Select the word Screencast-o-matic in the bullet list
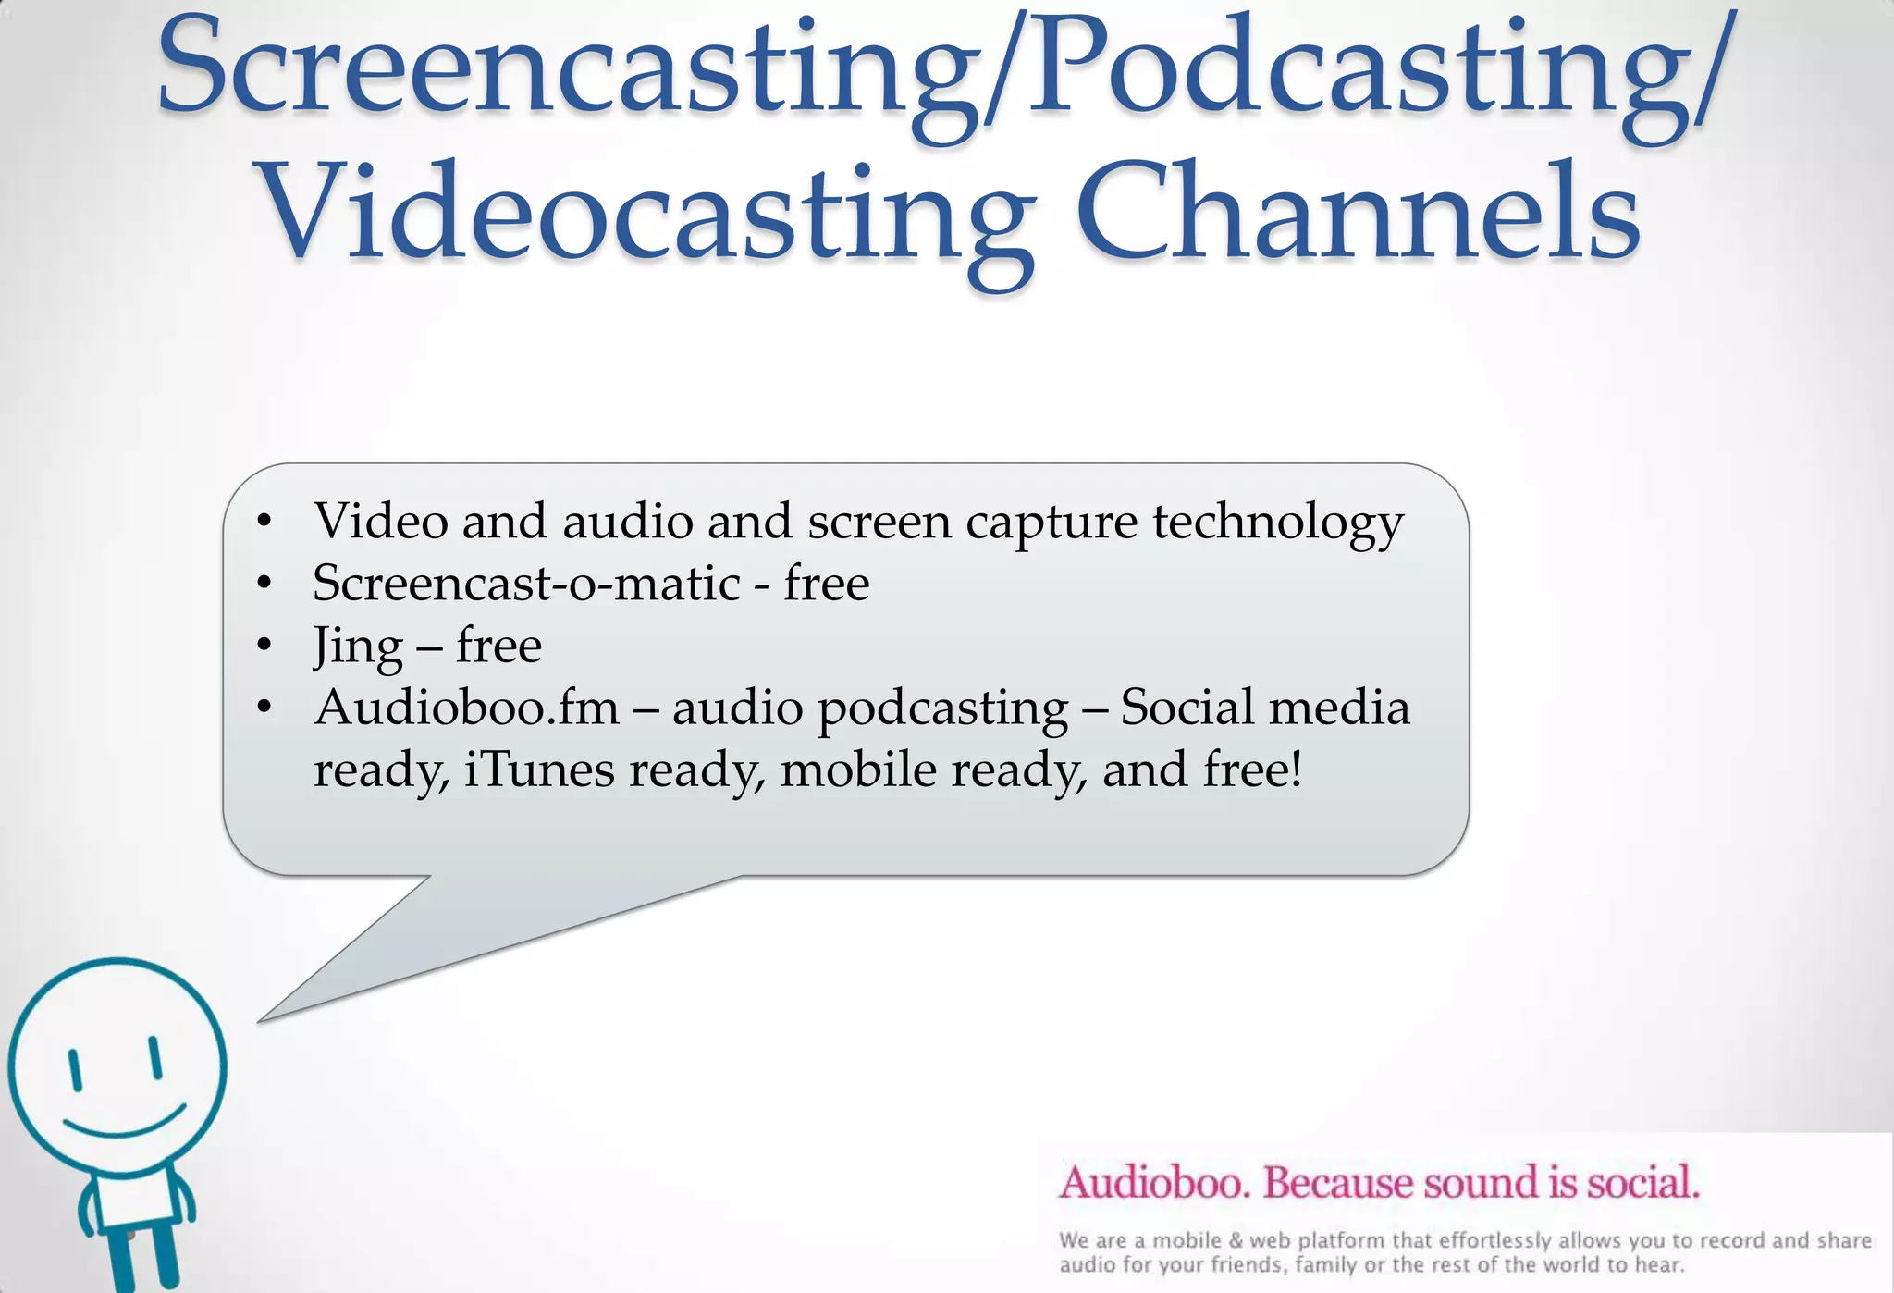(526, 584)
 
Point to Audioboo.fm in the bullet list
(467, 708)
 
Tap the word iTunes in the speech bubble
(538, 770)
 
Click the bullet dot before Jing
(264, 645)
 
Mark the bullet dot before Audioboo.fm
(264, 708)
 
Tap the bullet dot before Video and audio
(264, 521)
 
